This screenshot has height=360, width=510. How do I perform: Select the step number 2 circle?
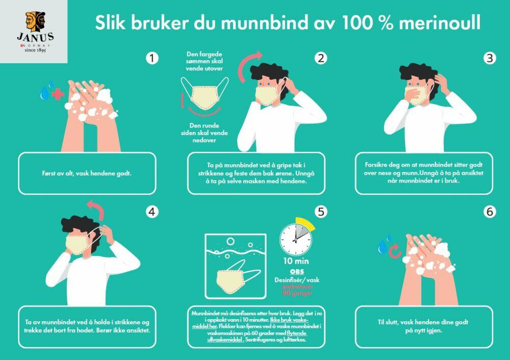coord(320,58)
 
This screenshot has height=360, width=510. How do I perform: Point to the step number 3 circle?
coord(490,58)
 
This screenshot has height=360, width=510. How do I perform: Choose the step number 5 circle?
coord(320,211)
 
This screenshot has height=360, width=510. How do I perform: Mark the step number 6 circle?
coord(490,211)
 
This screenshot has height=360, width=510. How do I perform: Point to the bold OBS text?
coord(296,271)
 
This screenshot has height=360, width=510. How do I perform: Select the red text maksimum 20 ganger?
coord(297,290)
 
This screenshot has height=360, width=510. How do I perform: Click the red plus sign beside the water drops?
coord(58,94)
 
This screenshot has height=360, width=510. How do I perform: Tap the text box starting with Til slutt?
coord(424,326)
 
